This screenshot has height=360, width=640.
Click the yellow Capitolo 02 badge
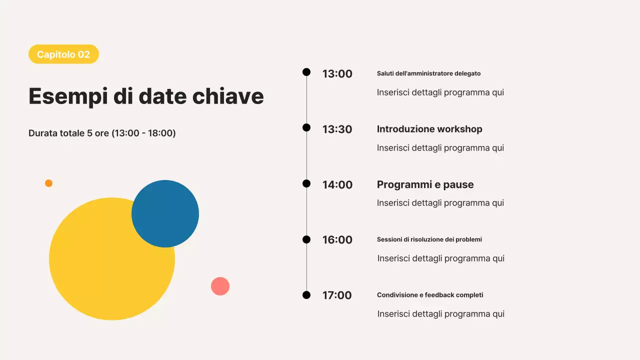pyautogui.click(x=63, y=54)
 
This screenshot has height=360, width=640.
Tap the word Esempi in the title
pyautogui.click(x=68, y=97)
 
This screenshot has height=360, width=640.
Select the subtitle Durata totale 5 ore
pyautogui.click(x=102, y=133)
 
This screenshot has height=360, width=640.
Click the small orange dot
pyautogui.click(x=49, y=183)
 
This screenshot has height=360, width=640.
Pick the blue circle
pyautogui.click(x=165, y=213)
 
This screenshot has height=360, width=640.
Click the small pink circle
pyautogui.click(x=220, y=286)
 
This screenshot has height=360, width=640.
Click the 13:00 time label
pyautogui.click(x=337, y=73)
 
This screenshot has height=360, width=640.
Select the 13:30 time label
pyautogui.click(x=337, y=129)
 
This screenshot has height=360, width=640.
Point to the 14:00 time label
pyautogui.click(x=337, y=185)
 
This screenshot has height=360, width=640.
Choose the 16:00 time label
pyautogui.click(x=337, y=239)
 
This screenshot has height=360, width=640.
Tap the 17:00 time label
pyautogui.click(x=337, y=295)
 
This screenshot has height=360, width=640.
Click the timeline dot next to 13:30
pyautogui.click(x=306, y=127)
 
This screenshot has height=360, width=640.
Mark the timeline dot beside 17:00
pyautogui.click(x=306, y=295)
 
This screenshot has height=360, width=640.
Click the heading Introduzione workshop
pyautogui.click(x=429, y=129)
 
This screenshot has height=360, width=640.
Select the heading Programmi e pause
pyautogui.click(x=425, y=184)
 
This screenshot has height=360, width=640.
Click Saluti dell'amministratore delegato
pyautogui.click(x=428, y=73)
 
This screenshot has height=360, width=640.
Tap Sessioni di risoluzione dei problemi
pyautogui.click(x=429, y=239)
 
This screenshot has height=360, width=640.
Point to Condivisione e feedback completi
pyautogui.click(x=430, y=295)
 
